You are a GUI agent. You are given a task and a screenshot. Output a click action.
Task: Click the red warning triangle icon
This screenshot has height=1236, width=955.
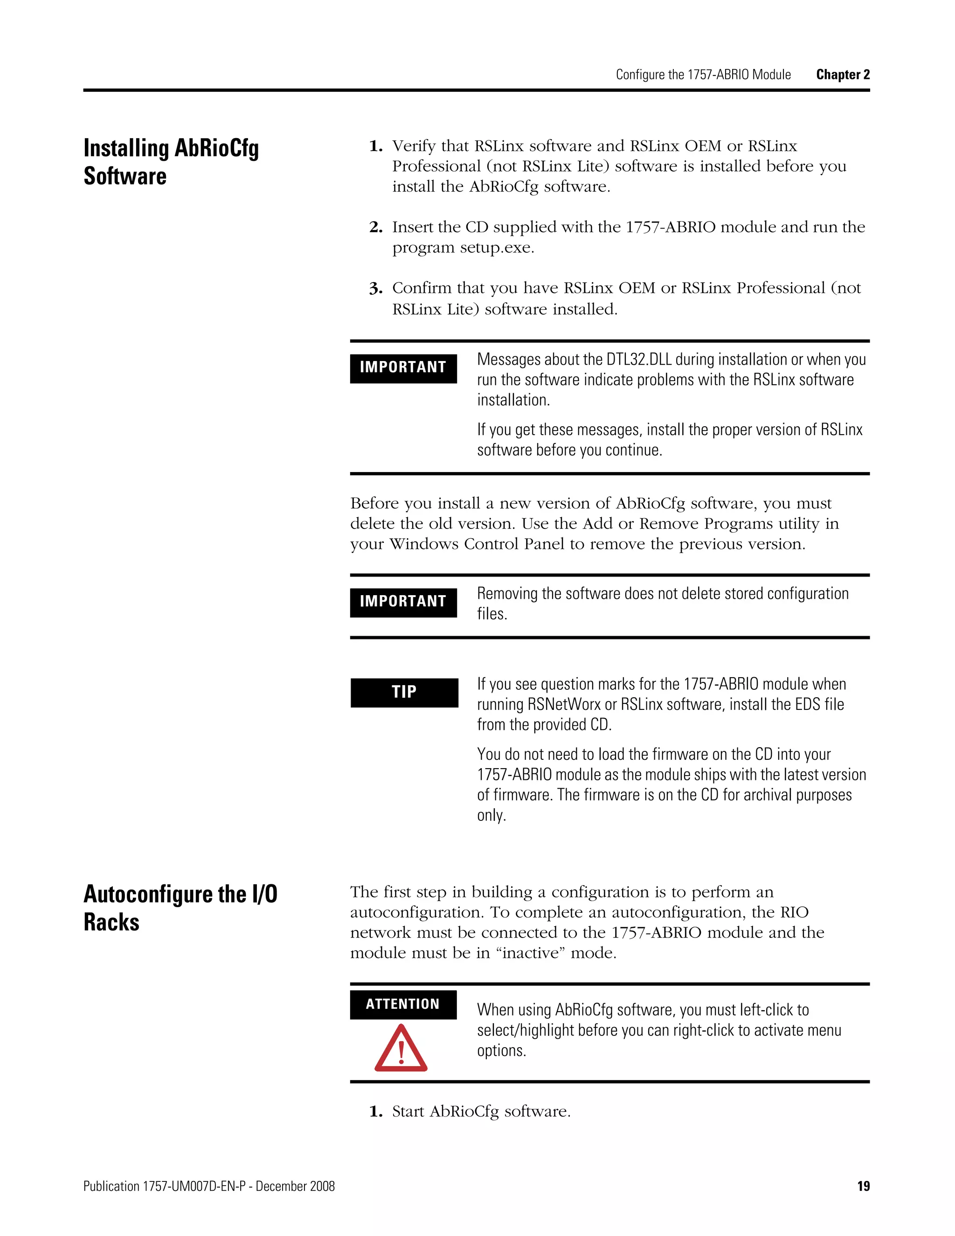(x=401, y=1049)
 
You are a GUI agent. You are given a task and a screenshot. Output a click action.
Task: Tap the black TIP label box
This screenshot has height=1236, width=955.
(x=404, y=692)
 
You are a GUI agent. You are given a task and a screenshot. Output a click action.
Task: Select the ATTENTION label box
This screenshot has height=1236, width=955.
(x=403, y=1004)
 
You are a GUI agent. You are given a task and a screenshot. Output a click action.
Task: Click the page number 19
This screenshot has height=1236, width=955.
(x=863, y=1186)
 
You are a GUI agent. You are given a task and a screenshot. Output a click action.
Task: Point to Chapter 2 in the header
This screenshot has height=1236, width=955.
(x=843, y=75)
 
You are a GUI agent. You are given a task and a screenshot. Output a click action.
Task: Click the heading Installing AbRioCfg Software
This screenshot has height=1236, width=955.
(x=171, y=162)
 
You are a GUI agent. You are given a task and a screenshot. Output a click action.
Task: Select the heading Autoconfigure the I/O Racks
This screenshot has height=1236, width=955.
(x=180, y=908)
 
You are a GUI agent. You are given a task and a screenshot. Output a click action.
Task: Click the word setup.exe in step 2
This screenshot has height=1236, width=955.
(x=496, y=248)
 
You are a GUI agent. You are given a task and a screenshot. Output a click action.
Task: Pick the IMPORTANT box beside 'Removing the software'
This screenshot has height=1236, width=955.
(x=403, y=602)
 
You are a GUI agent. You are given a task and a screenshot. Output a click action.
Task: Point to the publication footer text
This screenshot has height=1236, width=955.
(x=209, y=1186)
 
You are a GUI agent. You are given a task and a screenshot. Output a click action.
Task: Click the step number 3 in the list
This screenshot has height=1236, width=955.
(x=376, y=289)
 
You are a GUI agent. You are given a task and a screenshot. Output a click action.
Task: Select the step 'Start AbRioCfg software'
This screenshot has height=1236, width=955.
(x=481, y=1111)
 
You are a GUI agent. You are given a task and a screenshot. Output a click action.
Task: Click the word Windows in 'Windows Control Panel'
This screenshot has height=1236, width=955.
(x=424, y=544)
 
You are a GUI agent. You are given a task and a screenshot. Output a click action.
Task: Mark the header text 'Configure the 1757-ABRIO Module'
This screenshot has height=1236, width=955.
(x=703, y=75)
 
